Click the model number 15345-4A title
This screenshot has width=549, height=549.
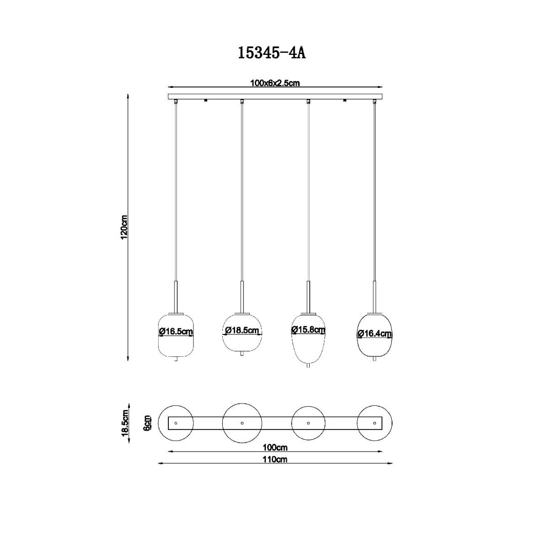(x=271, y=53)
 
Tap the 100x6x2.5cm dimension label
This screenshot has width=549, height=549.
(x=275, y=83)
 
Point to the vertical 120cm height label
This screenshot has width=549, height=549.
(x=124, y=227)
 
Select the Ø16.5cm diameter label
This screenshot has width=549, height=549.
(x=176, y=332)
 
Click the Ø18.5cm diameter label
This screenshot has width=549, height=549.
(x=242, y=330)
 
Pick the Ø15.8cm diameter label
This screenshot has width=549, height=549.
(x=308, y=330)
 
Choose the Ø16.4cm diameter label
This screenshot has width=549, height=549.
(x=374, y=334)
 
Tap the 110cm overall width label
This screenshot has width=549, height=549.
(x=275, y=459)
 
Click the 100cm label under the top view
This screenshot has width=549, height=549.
(x=275, y=448)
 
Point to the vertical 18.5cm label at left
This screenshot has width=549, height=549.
(x=125, y=423)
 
